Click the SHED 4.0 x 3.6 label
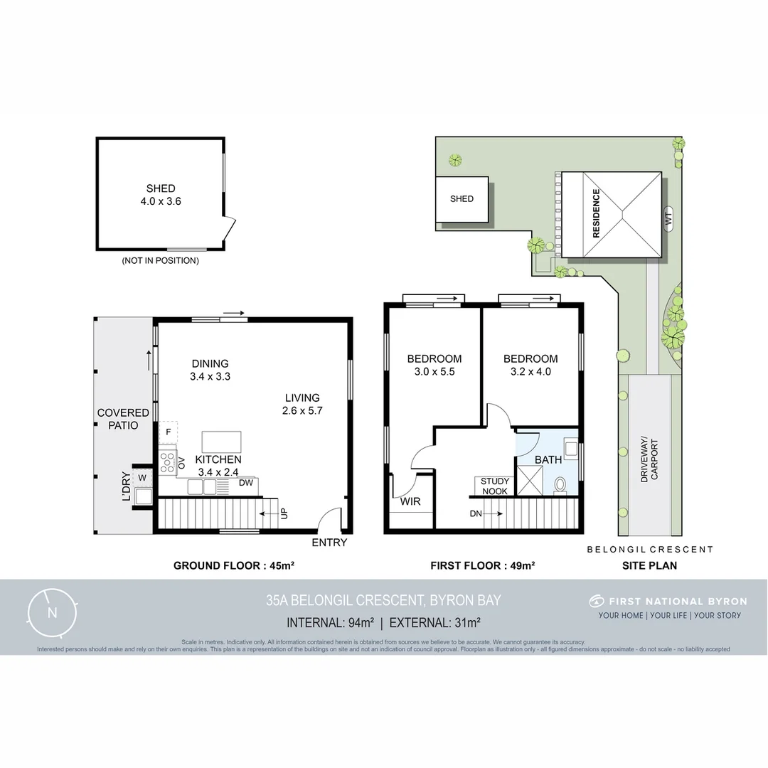[x=161, y=195]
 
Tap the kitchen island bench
[x=221, y=442]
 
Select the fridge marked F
[x=169, y=432]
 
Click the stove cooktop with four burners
[x=167, y=463]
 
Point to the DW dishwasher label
[x=246, y=484]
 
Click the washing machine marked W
[x=142, y=477]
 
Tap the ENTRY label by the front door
[x=329, y=543]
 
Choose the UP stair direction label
[x=284, y=513]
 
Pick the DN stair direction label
[x=476, y=513]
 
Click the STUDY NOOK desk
[x=495, y=486]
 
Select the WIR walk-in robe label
[x=410, y=501]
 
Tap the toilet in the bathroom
[x=560, y=485]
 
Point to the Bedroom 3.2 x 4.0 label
[x=530, y=365]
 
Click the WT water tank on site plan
[x=668, y=221]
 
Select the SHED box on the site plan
[x=462, y=199]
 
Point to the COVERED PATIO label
[x=123, y=419]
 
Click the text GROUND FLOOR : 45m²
[x=234, y=566]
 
